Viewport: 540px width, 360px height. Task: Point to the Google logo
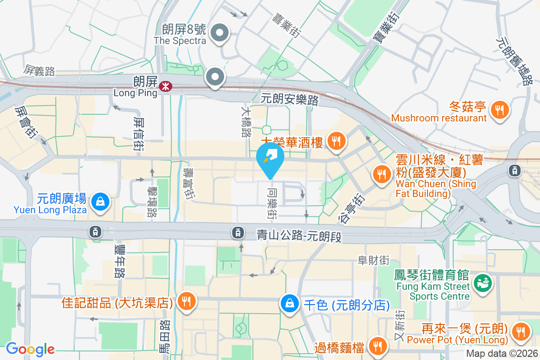coord(30,349)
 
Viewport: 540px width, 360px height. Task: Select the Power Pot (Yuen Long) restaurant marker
coord(521,333)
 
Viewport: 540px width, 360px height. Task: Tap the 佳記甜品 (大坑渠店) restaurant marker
coord(185,301)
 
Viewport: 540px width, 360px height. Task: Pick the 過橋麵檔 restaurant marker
coord(377,346)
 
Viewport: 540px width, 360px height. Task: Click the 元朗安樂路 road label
coord(290,99)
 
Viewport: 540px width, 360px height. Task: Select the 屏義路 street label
coord(40,70)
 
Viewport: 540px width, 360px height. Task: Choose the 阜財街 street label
coord(373,260)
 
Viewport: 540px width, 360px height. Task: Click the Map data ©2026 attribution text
coord(502,353)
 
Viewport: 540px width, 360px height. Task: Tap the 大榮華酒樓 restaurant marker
coord(336,141)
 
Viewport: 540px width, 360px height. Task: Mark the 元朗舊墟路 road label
coord(513,61)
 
